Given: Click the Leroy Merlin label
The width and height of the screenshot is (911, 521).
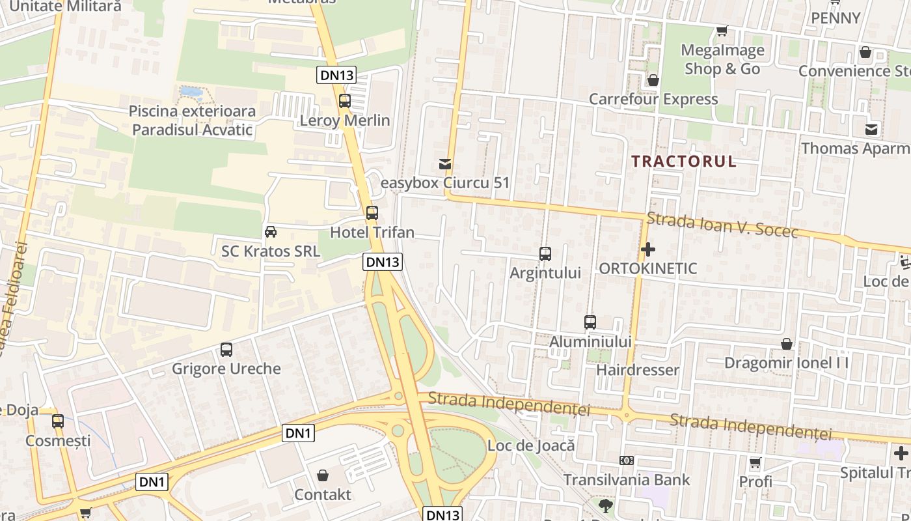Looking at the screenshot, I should (345, 120).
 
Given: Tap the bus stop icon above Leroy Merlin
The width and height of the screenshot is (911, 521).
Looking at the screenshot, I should (345, 101).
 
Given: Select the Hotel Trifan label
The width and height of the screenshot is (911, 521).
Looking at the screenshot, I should (372, 232).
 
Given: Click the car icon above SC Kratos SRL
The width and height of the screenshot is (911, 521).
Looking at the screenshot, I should (270, 232).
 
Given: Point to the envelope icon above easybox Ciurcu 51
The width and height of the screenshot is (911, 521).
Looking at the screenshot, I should (445, 164).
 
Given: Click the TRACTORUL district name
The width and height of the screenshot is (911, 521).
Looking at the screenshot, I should (684, 162).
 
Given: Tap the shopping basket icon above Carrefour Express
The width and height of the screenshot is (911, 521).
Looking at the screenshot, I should (653, 80).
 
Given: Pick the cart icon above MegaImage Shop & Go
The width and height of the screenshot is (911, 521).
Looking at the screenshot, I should (722, 31).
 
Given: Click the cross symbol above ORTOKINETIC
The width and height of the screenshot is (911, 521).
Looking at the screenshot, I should (647, 249).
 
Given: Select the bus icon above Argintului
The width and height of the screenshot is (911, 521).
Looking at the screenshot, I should (545, 254).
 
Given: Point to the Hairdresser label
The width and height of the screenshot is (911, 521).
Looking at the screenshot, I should (638, 370).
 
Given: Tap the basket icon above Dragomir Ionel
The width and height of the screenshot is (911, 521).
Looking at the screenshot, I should (787, 344).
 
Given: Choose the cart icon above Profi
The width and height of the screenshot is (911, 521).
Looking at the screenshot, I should (755, 463).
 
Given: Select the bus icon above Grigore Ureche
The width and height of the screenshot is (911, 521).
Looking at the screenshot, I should (226, 350).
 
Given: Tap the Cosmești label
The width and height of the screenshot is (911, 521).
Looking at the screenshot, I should (58, 441).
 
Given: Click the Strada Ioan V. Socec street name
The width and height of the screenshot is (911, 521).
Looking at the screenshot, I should (722, 225).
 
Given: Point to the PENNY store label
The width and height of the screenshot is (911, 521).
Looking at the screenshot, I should (836, 18).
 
